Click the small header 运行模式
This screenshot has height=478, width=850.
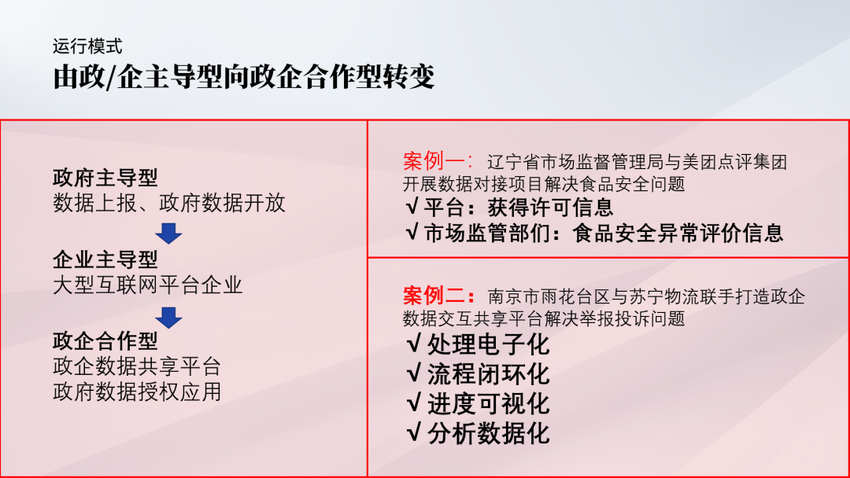[87, 46]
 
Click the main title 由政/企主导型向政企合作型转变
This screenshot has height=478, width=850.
[244, 77]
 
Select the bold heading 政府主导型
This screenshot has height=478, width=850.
[105, 178]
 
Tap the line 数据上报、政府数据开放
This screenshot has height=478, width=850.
[169, 203]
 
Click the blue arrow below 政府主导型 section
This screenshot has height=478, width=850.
[168, 233]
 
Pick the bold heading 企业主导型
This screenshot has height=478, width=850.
[105, 260]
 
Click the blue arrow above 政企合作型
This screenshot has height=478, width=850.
[168, 318]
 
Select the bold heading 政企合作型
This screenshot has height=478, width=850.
[105, 341]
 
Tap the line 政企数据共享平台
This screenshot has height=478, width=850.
[137, 366]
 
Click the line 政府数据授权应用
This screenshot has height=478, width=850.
[137, 392]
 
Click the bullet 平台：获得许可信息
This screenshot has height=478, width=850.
[509, 208]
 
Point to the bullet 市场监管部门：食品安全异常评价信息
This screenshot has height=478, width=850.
[595, 233]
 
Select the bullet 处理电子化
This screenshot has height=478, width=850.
[479, 344]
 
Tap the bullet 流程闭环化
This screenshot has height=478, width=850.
[479, 374]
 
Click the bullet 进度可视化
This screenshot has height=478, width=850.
[479, 404]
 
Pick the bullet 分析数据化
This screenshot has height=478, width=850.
[479, 434]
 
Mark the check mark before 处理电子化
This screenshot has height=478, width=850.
[414, 344]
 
